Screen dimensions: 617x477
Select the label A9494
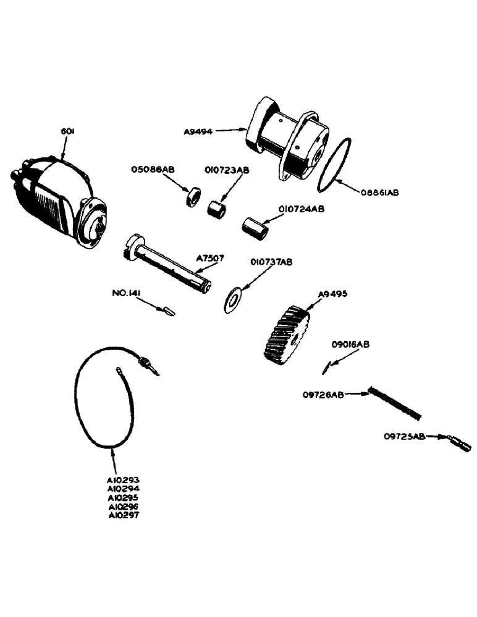(198, 131)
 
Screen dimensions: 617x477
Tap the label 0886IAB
(379, 193)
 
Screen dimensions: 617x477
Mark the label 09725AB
(404, 437)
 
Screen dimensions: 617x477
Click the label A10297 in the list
(124, 515)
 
